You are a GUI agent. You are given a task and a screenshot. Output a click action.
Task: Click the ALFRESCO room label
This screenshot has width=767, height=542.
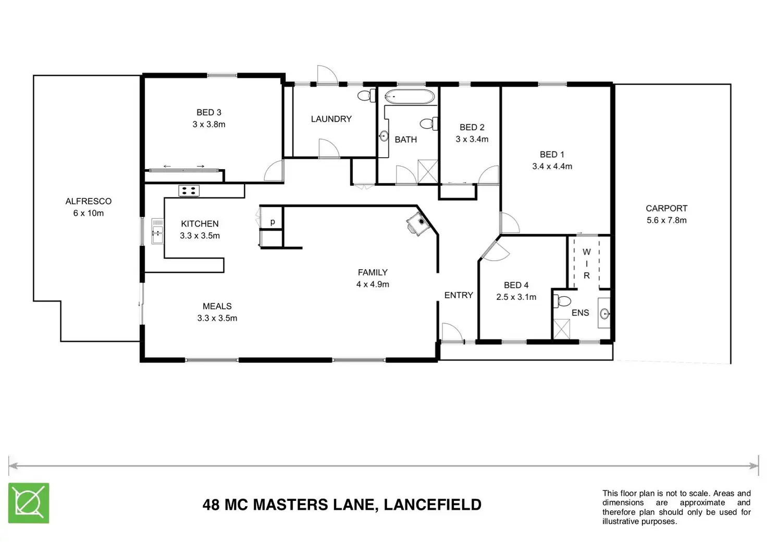(x=88, y=201)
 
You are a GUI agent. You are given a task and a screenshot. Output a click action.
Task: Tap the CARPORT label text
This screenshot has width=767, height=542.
(x=666, y=208)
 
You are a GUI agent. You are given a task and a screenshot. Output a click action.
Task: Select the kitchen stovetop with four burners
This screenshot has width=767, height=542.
(x=189, y=191)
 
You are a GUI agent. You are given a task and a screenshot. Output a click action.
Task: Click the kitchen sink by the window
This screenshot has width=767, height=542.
(x=157, y=231)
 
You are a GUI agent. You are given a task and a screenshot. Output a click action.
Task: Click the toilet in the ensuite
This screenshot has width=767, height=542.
(x=563, y=301)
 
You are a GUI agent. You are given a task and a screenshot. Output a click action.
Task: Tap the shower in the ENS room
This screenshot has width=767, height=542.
(x=561, y=329)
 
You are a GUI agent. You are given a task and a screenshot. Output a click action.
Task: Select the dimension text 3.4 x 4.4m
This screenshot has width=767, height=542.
(x=552, y=167)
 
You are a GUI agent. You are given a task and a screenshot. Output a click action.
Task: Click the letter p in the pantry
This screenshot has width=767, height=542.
(x=273, y=222)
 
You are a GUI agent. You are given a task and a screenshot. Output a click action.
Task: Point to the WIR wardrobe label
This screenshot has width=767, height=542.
(x=587, y=263)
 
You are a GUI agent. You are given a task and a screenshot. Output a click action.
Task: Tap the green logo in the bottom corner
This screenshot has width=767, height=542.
(x=29, y=503)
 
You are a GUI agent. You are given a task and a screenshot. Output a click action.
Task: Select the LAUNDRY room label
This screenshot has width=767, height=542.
(x=331, y=119)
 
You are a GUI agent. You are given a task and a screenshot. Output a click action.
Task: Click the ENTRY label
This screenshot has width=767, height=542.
(x=459, y=295)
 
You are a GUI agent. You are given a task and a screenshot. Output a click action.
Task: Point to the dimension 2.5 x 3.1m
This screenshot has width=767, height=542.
(x=516, y=297)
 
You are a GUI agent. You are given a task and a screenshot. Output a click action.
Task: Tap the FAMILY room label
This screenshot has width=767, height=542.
(x=373, y=272)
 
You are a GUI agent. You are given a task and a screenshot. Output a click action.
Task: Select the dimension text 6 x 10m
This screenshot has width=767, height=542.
(x=88, y=213)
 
